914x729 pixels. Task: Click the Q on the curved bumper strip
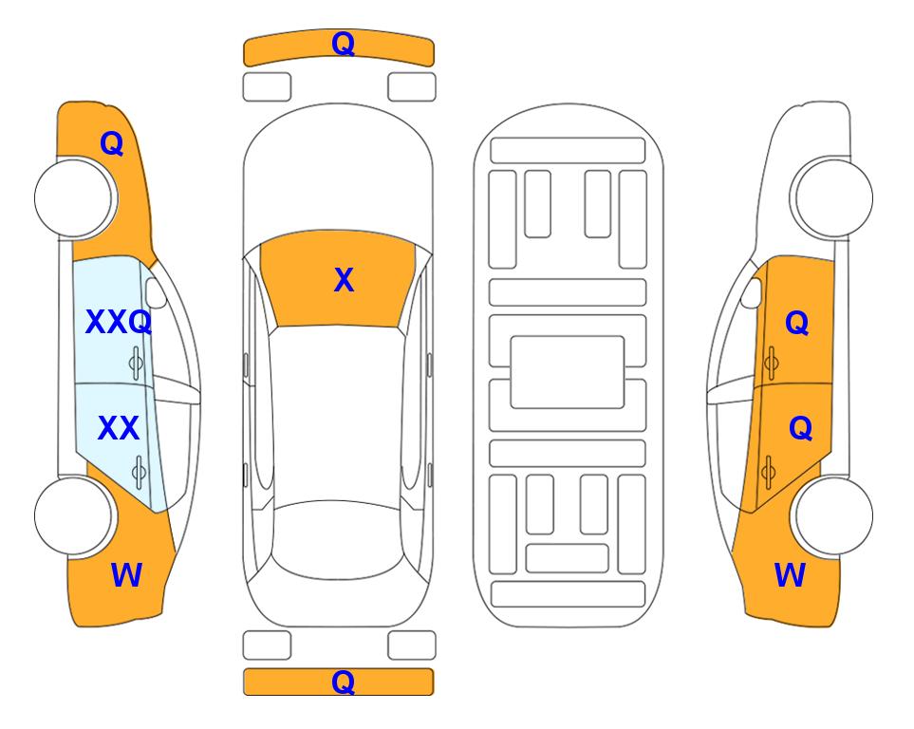tap(343, 44)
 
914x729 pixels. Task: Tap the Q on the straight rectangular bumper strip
tap(343, 682)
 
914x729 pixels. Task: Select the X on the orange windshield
tap(344, 280)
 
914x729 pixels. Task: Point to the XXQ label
tap(119, 322)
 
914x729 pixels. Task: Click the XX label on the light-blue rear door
tap(119, 428)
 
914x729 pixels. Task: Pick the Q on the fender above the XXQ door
tap(111, 143)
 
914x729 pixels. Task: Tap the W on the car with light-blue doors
tap(126, 575)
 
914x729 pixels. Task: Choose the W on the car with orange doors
tap(790, 575)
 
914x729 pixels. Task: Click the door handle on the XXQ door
tap(136, 363)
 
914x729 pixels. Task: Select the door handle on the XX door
tap(139, 472)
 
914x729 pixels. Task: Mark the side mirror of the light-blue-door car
tap(156, 292)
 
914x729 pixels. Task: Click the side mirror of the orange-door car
tap(751, 292)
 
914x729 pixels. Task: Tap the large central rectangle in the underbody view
tap(568, 372)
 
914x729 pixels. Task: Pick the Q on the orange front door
tap(797, 323)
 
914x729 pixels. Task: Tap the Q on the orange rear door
tap(800, 428)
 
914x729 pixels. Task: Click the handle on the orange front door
tap(771, 363)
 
